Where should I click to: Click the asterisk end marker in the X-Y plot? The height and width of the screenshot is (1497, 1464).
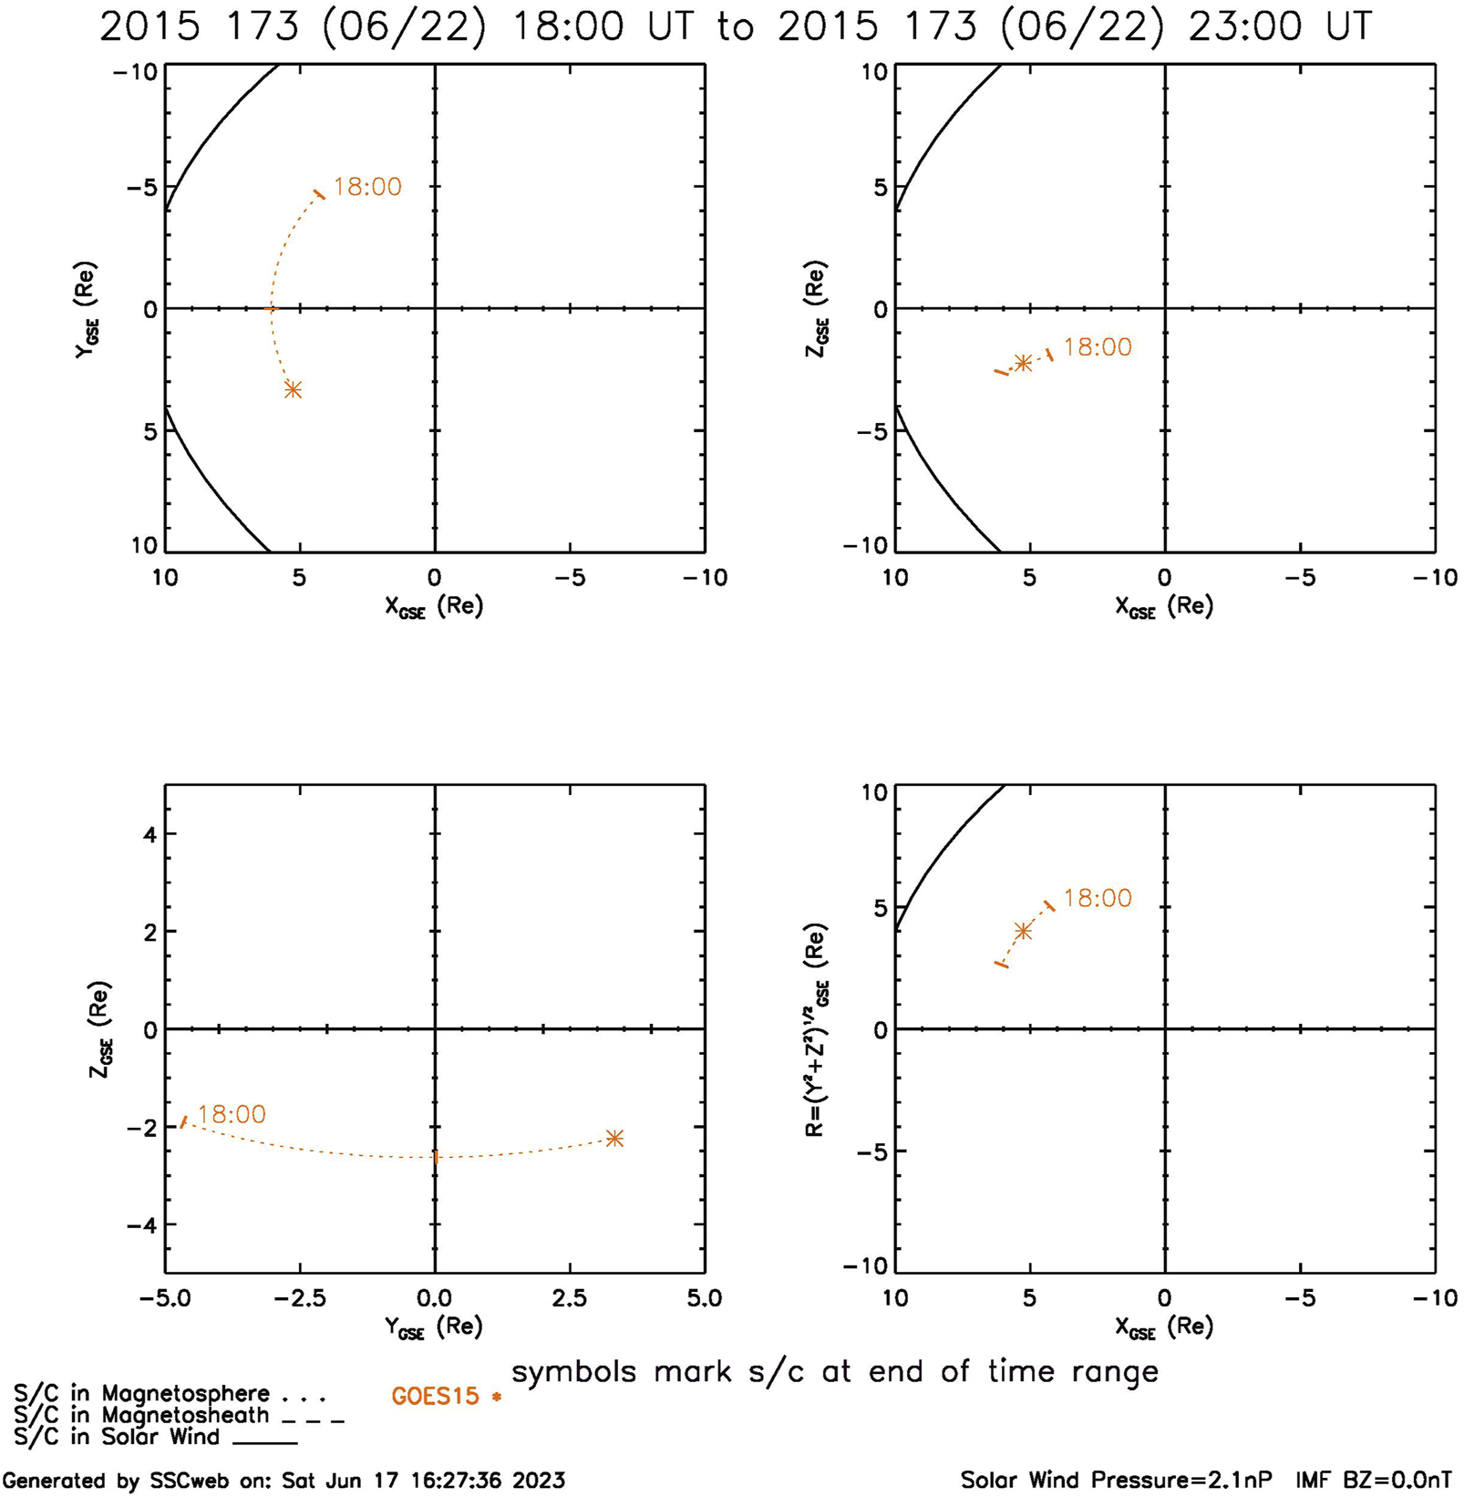click(x=293, y=390)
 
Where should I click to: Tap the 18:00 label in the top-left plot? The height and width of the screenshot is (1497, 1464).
click(x=367, y=187)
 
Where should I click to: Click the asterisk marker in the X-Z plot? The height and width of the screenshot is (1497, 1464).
click(x=1023, y=363)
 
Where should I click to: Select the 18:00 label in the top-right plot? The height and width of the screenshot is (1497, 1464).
click(x=1098, y=347)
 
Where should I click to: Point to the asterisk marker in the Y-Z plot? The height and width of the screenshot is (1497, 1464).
click(x=614, y=1138)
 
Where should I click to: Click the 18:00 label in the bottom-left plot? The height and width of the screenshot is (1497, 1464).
click(x=232, y=1114)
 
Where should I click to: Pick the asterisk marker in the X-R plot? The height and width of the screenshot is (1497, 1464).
click(x=1023, y=931)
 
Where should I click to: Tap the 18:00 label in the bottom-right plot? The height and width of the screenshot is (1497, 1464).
click(x=1098, y=898)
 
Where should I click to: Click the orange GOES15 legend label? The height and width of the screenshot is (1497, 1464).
click(x=435, y=1396)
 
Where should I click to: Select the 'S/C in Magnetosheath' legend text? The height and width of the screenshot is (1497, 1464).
click(x=141, y=1415)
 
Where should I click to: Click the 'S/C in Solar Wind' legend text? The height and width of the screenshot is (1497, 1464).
click(x=117, y=1437)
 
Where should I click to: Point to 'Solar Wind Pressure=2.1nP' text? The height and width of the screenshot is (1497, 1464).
click(x=1116, y=1480)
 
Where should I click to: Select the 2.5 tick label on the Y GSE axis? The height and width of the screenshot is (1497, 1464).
click(x=569, y=1297)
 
